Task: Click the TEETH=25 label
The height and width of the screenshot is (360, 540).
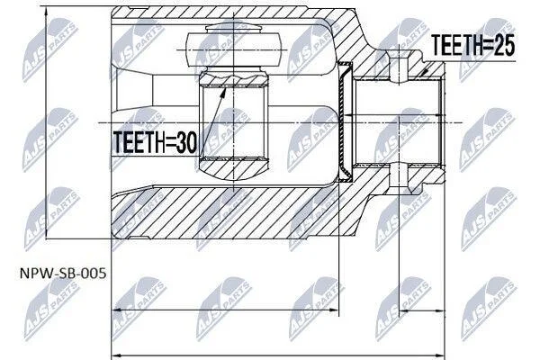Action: [473, 45]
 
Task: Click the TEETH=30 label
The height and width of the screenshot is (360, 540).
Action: [155, 142]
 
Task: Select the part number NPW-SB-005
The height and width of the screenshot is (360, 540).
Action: [63, 274]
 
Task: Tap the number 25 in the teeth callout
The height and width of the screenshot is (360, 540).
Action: [504, 45]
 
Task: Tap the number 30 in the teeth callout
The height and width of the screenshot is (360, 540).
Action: [186, 142]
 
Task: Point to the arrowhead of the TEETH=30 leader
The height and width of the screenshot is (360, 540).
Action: [224, 90]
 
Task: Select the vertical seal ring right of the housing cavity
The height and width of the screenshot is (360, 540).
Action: [345, 121]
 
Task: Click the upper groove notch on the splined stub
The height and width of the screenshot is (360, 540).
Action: [399, 67]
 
